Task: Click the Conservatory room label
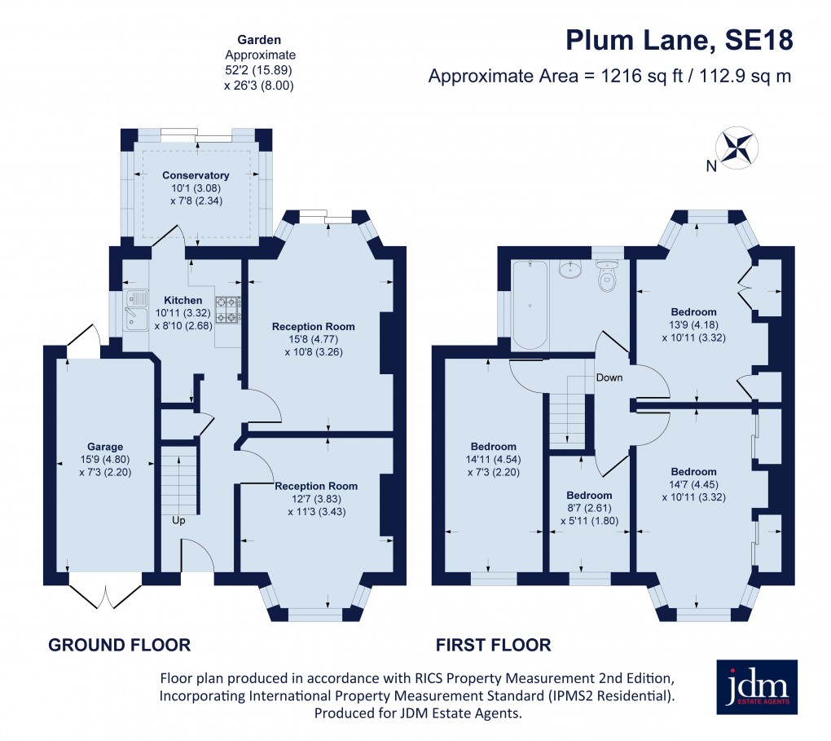pyautogui.click(x=196, y=175)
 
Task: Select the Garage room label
pyautogui.click(x=105, y=447)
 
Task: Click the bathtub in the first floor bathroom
pyautogui.click(x=530, y=305)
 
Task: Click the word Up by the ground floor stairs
pyautogui.click(x=178, y=519)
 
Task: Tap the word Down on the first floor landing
pyautogui.click(x=609, y=377)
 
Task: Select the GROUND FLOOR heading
pyautogui.click(x=120, y=646)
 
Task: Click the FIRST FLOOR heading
pyautogui.click(x=493, y=646)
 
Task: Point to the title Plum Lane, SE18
pyautogui.click(x=679, y=41)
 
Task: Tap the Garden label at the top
pyautogui.click(x=259, y=39)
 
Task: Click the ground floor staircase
pyautogui.click(x=178, y=477)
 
